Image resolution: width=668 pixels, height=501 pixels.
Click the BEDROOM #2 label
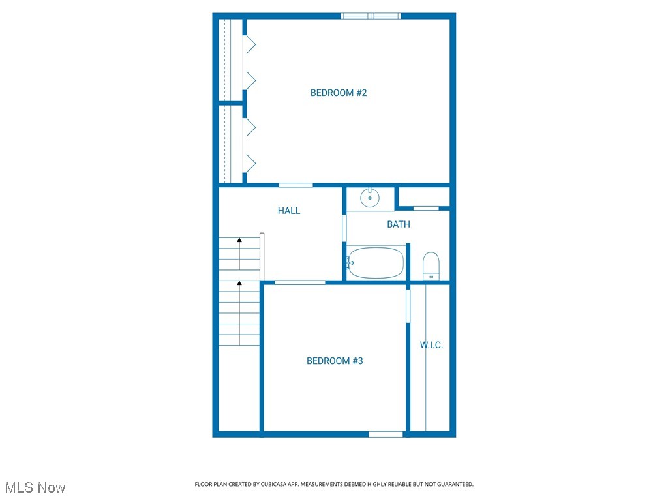(x=339, y=93)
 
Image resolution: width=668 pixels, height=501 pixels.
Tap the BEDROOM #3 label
(x=335, y=361)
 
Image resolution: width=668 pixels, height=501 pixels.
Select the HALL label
(x=289, y=211)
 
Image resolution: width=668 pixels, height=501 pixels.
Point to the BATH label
(x=399, y=224)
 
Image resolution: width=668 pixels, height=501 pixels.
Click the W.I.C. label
(x=431, y=345)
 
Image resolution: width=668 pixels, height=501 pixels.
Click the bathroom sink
(x=370, y=196)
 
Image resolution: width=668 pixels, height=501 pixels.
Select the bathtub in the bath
(x=376, y=263)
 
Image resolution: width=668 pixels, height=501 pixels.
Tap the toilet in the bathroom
(x=431, y=266)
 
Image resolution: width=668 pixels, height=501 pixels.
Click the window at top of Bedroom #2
(x=371, y=16)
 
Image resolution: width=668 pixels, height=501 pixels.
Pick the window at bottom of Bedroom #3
(x=386, y=434)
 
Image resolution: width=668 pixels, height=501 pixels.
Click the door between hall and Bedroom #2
(x=296, y=185)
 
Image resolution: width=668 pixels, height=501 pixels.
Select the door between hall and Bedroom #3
(x=299, y=282)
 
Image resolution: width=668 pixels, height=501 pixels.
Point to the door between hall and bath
(x=344, y=228)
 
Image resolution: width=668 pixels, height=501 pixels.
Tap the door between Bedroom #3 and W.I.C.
(x=408, y=306)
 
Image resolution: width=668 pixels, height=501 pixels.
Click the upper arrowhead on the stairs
(x=239, y=240)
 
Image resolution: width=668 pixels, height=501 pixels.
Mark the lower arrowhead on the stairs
(x=239, y=283)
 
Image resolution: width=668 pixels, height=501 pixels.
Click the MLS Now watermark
(x=35, y=487)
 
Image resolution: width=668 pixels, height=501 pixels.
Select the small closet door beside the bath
(x=426, y=208)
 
